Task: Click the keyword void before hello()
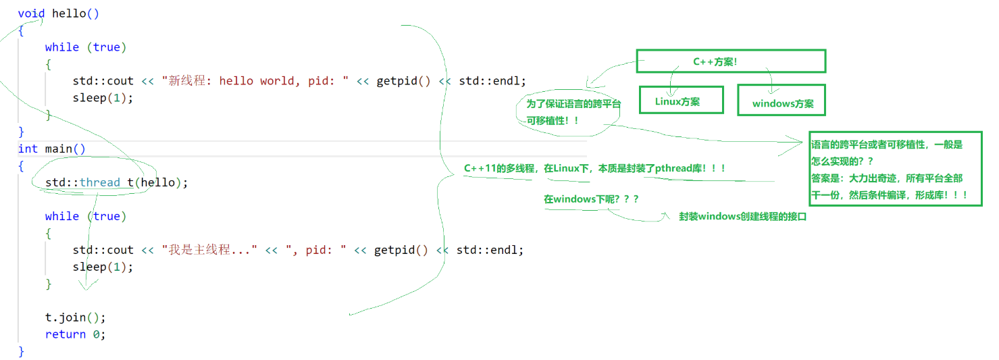pyautogui.click(x=31, y=14)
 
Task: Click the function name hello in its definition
pyautogui.click(x=69, y=14)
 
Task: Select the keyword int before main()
pyautogui.click(x=28, y=149)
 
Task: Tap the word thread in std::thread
pyautogui.click(x=100, y=182)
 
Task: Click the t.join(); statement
pyautogui.click(x=76, y=317)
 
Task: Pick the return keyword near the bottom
pyautogui.click(x=65, y=334)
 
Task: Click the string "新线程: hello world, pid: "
pyautogui.click(x=255, y=81)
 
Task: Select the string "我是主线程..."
pyautogui.click(x=209, y=250)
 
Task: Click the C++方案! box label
pyautogui.click(x=715, y=61)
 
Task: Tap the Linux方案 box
pyautogui.click(x=681, y=100)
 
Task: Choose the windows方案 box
pyautogui.click(x=782, y=100)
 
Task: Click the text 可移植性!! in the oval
pyautogui.click(x=552, y=120)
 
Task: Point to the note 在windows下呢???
pyautogui.click(x=591, y=199)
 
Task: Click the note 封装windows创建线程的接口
pyautogui.click(x=742, y=217)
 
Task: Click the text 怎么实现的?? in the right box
pyautogui.click(x=842, y=161)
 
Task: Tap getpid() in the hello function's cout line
pyautogui.click(x=403, y=81)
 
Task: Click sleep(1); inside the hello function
pyautogui.click(x=103, y=98)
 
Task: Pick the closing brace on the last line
pyautogui.click(x=21, y=351)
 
